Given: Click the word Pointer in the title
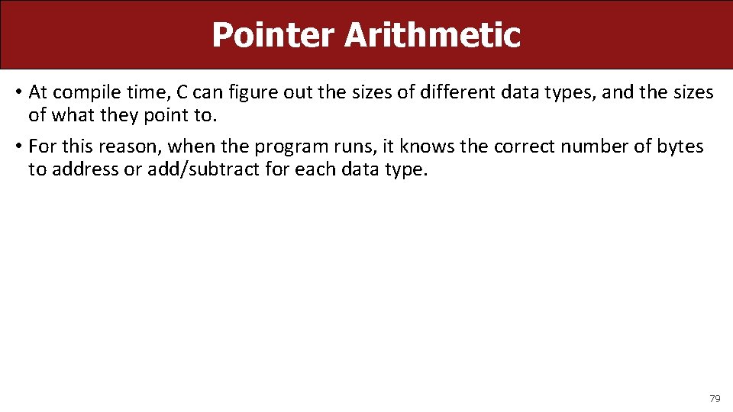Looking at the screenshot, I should (x=273, y=34).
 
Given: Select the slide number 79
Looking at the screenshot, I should (x=715, y=398).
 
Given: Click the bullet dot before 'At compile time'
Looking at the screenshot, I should (x=17, y=93).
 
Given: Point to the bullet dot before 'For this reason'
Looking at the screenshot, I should (x=17, y=146).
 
